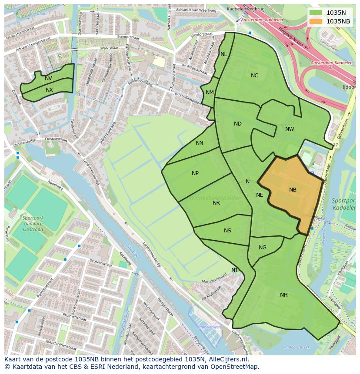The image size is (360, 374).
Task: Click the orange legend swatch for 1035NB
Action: coord(316,21)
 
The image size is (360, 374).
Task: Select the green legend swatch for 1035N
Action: coord(316,13)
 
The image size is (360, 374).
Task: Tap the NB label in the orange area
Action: coord(293,190)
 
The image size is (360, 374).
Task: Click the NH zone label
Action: coord(283,295)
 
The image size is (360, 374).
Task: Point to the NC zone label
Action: coord(254,76)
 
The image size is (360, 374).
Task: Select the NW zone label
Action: coord(290,129)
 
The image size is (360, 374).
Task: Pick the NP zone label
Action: coord(195,173)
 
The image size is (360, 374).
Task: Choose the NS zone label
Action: coord(227,231)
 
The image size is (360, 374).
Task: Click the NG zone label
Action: coord(263,248)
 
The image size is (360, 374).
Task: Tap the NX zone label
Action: coord(49,90)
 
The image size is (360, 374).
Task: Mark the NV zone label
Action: coord(48,78)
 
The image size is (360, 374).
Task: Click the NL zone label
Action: coord(223,54)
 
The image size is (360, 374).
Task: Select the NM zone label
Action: coord(210,93)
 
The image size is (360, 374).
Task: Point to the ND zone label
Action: coord(237,124)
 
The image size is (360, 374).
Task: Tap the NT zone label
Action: coord(235,270)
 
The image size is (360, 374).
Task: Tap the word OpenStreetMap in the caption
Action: coord(235,367)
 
